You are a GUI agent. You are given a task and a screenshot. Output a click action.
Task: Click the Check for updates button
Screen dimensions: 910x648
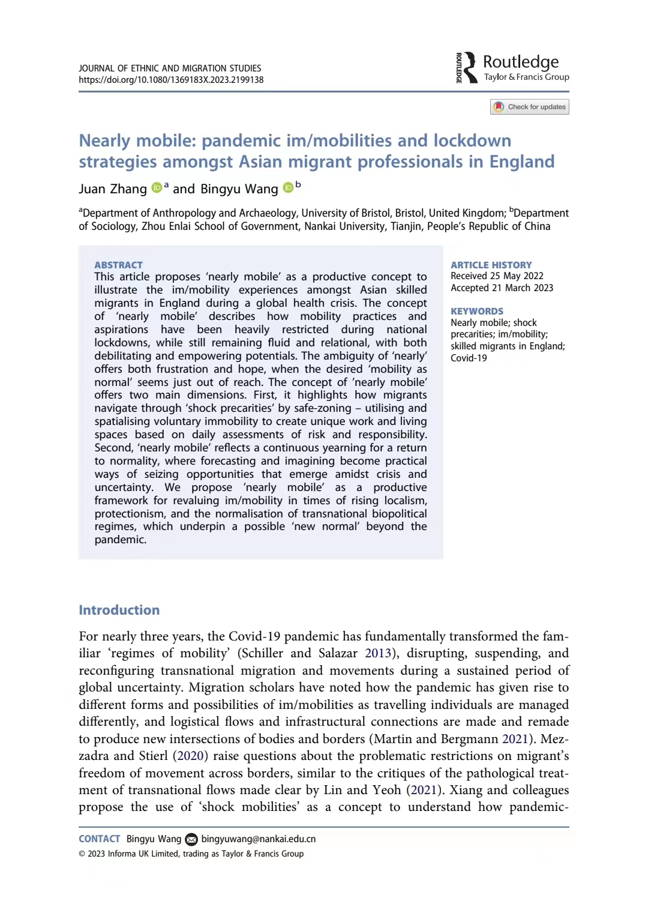point(530,107)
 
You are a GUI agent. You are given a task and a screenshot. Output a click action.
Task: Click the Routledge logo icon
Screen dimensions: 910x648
point(467,67)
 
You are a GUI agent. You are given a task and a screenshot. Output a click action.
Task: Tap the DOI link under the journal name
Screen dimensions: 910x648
point(171,80)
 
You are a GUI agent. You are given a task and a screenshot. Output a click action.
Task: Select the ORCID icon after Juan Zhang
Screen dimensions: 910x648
point(157,187)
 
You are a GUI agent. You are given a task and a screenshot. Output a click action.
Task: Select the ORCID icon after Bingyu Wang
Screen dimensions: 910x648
point(288,187)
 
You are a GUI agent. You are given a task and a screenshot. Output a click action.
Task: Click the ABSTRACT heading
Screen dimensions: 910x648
point(118,265)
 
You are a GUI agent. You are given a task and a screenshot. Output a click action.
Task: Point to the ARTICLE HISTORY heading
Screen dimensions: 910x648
point(491,265)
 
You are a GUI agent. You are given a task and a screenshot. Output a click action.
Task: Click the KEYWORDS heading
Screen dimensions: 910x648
point(477,311)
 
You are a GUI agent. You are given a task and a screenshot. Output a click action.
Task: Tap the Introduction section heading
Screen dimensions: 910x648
point(119,610)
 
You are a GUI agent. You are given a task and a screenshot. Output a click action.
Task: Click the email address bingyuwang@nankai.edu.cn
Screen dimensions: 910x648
point(258,839)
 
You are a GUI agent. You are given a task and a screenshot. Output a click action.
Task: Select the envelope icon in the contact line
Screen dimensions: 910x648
point(191,839)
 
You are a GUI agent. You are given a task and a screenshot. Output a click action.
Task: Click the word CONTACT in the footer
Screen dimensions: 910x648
point(99,839)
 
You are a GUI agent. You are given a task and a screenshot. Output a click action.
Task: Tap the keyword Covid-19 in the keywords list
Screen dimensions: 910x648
point(469,358)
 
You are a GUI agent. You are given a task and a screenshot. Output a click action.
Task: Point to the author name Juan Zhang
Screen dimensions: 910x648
point(113,189)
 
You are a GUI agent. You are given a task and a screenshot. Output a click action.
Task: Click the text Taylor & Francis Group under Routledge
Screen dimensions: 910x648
point(526,77)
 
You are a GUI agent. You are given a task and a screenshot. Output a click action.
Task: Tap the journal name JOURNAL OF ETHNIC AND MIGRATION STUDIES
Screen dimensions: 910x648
point(170,68)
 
